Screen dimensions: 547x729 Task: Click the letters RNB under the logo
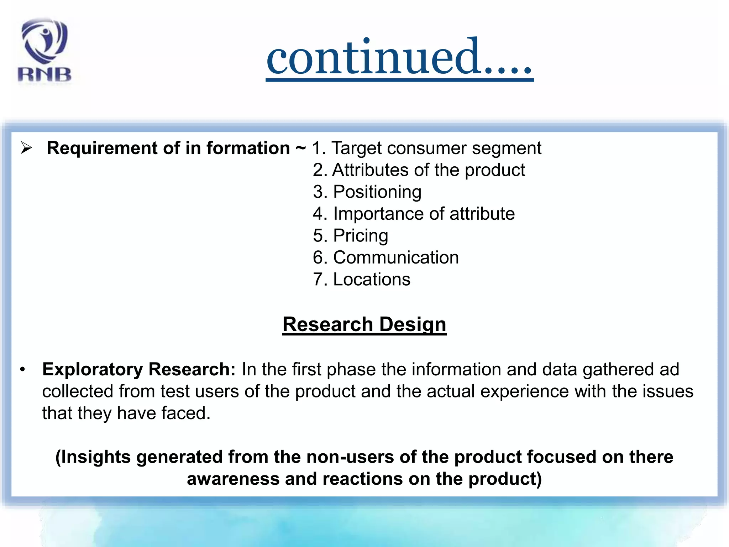[x=44, y=75]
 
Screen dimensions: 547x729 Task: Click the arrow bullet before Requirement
[x=26, y=148]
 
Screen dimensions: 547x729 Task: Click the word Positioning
[x=377, y=192]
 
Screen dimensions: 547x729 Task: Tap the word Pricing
[x=360, y=236]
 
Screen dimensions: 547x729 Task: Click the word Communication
[x=396, y=257]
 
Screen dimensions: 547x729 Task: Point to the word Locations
[x=372, y=280]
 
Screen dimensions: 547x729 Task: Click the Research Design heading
[x=364, y=324]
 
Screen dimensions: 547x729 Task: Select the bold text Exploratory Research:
[x=139, y=369]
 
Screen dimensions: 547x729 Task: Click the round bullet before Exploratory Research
[x=22, y=370]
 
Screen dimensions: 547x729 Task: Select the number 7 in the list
[x=318, y=280]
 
